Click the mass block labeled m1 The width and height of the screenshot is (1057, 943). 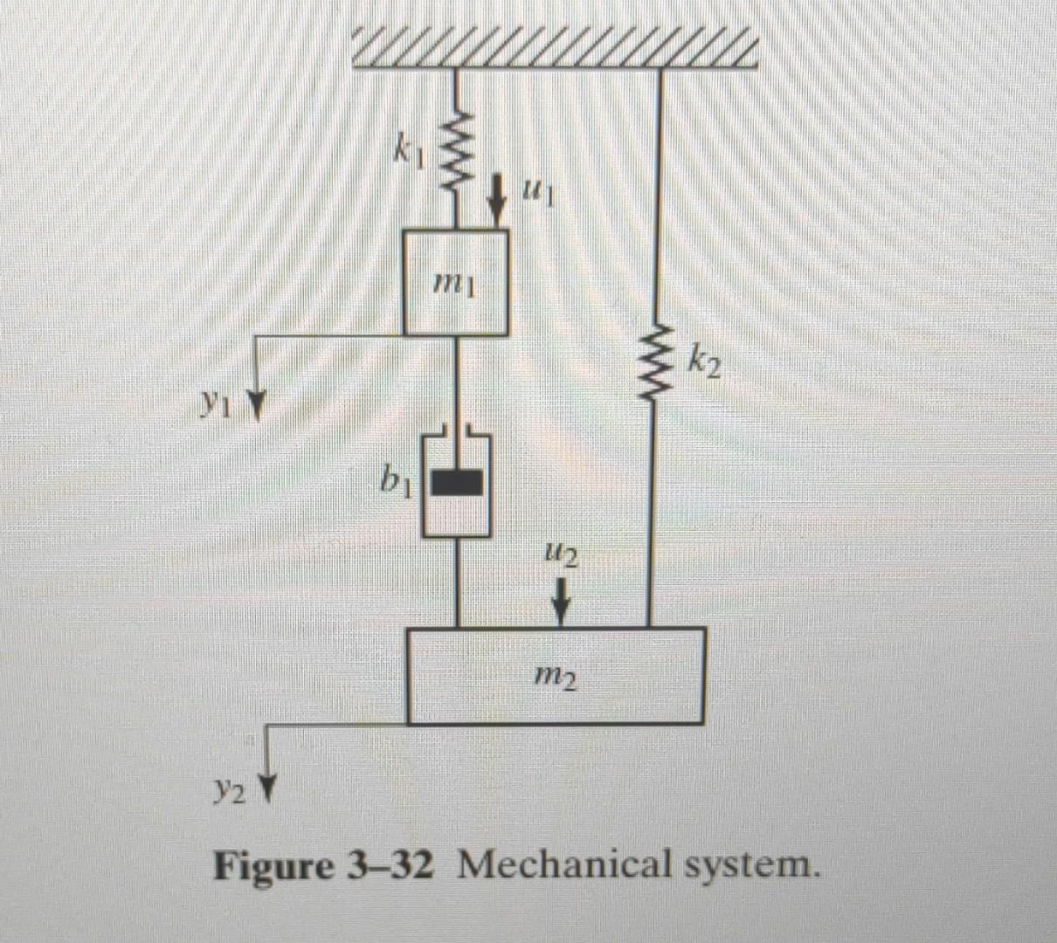[x=455, y=282]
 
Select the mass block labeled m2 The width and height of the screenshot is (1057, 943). [x=556, y=676]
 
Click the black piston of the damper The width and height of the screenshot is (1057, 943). [x=456, y=483]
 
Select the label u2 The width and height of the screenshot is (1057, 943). [x=559, y=553]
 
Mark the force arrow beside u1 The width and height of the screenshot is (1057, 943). [x=498, y=199]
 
